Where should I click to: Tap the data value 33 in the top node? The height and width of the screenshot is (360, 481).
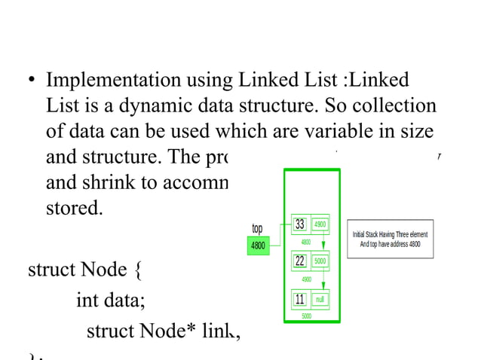click(299, 224)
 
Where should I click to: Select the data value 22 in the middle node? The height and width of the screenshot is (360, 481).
click(299, 261)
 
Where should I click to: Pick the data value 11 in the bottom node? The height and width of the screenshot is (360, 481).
click(299, 299)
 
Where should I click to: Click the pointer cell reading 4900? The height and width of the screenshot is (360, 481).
click(320, 224)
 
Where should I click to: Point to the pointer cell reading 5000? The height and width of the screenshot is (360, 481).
click(320, 261)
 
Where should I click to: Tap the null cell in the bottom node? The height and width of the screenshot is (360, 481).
click(320, 299)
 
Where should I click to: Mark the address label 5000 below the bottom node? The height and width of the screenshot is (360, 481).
click(306, 316)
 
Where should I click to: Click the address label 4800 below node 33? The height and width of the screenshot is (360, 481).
click(306, 242)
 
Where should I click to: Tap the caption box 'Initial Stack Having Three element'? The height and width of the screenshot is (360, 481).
click(390, 239)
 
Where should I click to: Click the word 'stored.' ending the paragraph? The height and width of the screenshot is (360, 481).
click(74, 207)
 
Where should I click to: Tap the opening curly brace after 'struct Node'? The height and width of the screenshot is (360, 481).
click(136, 269)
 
